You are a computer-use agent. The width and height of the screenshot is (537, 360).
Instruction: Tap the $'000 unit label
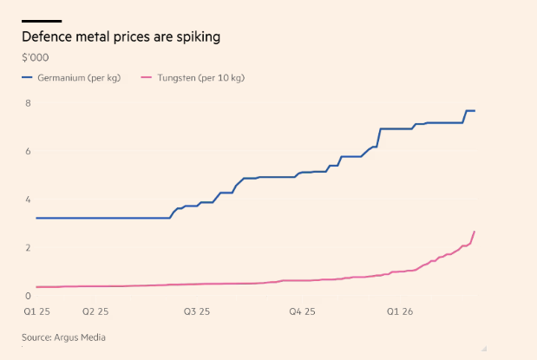[36, 58]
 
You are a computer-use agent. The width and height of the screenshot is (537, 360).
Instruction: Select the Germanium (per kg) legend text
[79, 78]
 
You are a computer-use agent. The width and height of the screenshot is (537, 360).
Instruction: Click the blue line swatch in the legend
[28, 78]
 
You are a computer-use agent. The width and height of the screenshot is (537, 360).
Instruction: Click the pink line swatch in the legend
[145, 78]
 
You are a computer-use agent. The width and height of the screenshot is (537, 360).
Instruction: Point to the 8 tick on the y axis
[27, 103]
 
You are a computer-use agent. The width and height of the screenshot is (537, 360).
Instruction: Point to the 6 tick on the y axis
[27, 151]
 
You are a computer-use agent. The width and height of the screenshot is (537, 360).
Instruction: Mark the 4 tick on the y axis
[27, 200]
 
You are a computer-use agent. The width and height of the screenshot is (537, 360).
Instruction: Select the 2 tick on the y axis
[27, 248]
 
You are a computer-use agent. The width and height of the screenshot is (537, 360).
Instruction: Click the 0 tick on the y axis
[27, 296]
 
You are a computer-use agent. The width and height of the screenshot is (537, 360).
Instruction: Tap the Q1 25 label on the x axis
[36, 311]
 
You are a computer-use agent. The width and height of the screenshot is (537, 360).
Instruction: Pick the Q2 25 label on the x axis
[95, 311]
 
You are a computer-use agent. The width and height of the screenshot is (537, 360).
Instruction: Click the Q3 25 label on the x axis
[197, 311]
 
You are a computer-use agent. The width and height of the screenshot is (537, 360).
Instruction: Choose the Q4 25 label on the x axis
[303, 311]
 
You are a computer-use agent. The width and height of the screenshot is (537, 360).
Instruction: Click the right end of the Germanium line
[475, 111]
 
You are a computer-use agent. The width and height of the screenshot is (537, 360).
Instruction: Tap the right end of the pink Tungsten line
[475, 232]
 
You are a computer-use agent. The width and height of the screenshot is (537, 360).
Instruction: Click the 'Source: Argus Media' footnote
[68, 337]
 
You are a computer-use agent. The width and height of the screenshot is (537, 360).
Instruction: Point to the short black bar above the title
[42, 20]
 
